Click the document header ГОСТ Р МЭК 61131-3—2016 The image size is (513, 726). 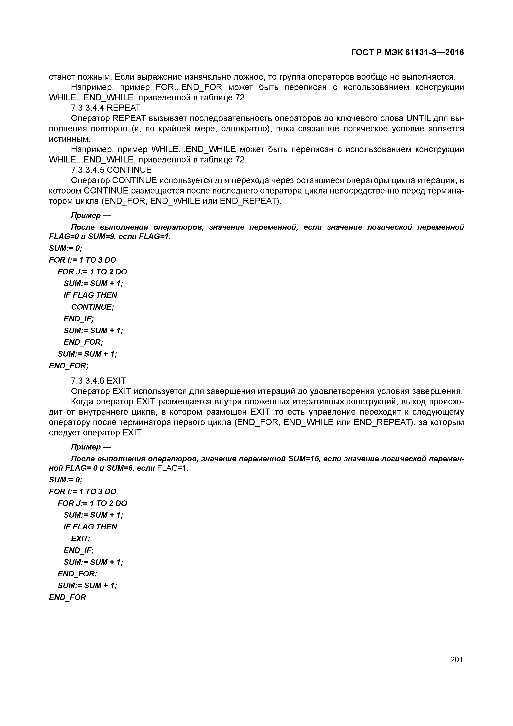tap(408, 53)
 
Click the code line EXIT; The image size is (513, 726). tap(81, 538)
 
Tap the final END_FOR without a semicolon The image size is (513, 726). tap(67, 597)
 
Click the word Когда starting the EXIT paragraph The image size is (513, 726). tap(82, 401)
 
